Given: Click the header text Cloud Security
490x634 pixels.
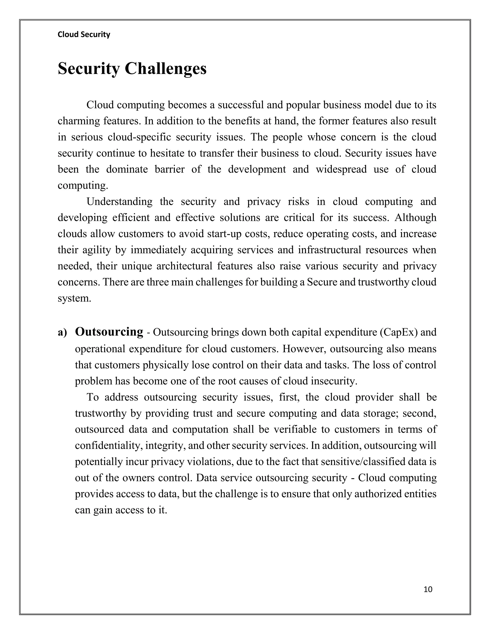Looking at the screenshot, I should click(x=84, y=34).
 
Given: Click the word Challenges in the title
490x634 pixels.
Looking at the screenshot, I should click(x=166, y=69).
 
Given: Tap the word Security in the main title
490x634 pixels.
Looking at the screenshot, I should click(x=89, y=69).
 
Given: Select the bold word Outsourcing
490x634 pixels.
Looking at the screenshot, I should click(x=109, y=332).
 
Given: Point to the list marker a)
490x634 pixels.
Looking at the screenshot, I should click(x=62, y=332).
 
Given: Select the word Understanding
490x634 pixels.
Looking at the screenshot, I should click(x=119, y=201).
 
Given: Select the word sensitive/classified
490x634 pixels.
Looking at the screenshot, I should click(x=369, y=462).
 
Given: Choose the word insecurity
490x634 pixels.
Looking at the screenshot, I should click(x=334, y=381).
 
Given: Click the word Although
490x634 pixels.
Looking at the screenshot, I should click(x=415, y=217).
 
